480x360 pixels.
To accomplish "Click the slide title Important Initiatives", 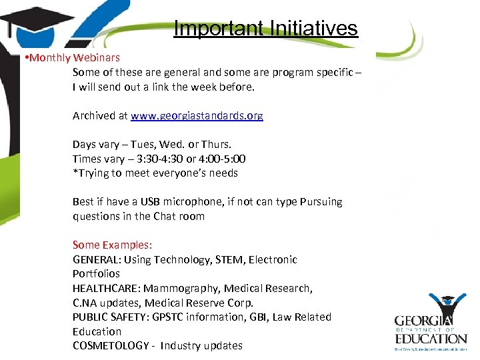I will tap(265, 29).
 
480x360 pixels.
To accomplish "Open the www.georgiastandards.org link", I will tap(197, 116).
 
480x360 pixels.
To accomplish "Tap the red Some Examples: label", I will tap(112, 245).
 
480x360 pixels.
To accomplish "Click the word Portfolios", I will tap(97, 274).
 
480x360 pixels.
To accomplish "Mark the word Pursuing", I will tap(319, 202).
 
